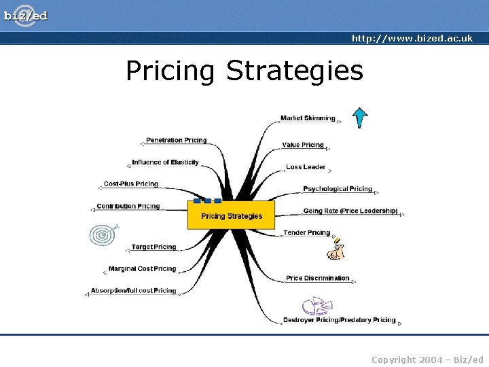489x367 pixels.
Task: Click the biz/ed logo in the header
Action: (26, 15)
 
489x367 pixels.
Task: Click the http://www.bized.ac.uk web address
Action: (412, 39)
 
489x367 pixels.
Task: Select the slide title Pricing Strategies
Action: (244, 71)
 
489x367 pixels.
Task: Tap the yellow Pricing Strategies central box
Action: (231, 215)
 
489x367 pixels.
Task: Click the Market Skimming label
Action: (308, 118)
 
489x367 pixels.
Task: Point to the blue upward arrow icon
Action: (360, 118)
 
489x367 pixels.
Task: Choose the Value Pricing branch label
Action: (303, 145)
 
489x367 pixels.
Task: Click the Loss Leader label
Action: (306, 167)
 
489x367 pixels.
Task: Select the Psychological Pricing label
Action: (338, 189)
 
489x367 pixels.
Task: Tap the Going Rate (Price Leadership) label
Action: (350, 211)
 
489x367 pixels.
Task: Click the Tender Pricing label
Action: (306, 232)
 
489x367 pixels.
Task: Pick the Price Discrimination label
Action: (318, 278)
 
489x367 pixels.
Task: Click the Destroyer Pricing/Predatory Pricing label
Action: (339, 320)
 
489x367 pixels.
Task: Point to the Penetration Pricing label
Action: (177, 140)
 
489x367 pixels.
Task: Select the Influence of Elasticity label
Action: (166, 162)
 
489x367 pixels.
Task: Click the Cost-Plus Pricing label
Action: (131, 183)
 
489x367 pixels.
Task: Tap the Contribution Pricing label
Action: (128, 206)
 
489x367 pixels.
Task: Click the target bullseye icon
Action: (103, 234)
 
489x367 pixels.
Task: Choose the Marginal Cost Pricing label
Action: (142, 269)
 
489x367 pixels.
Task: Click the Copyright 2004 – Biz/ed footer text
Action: (427, 360)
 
